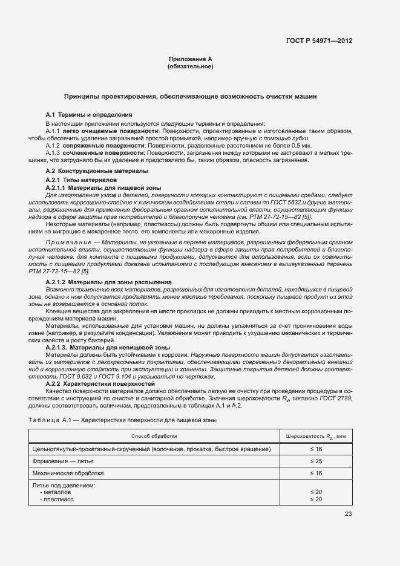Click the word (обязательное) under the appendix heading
tap(190, 67)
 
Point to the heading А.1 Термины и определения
tap(89, 115)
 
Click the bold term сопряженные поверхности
tap(91, 146)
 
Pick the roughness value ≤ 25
tap(315, 461)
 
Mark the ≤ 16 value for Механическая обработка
tap(315, 473)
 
